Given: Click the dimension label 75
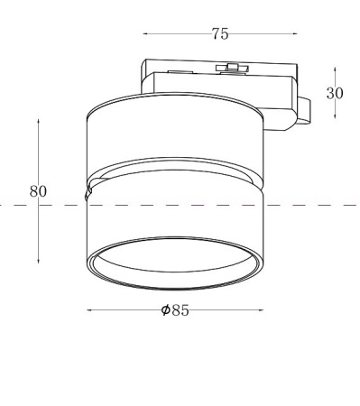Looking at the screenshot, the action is [x=220, y=34].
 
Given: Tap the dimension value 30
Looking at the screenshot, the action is [x=335, y=93].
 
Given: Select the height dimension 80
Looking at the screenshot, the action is [x=38, y=191].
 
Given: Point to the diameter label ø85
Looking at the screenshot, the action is [x=175, y=310].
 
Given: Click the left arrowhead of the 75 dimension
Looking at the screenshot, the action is [x=145, y=34].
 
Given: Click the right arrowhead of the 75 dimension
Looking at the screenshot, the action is [x=295, y=34].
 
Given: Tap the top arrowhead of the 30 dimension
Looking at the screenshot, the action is [x=335, y=69].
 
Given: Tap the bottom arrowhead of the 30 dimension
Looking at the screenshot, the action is [x=335, y=116].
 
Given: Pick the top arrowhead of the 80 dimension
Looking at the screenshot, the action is [x=38, y=122].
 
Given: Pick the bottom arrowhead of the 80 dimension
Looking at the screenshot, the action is [x=38, y=261].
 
